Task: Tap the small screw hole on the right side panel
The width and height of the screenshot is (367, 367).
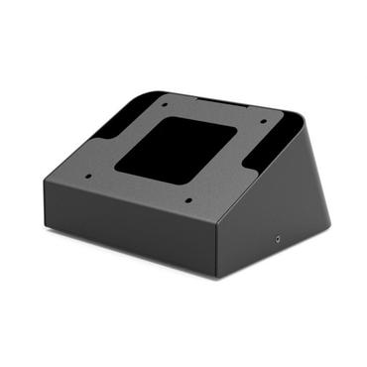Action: (x=276, y=239)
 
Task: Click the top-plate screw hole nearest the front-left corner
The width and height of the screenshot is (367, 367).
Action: (x=87, y=179)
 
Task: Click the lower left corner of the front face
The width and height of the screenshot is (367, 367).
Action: (x=46, y=227)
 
